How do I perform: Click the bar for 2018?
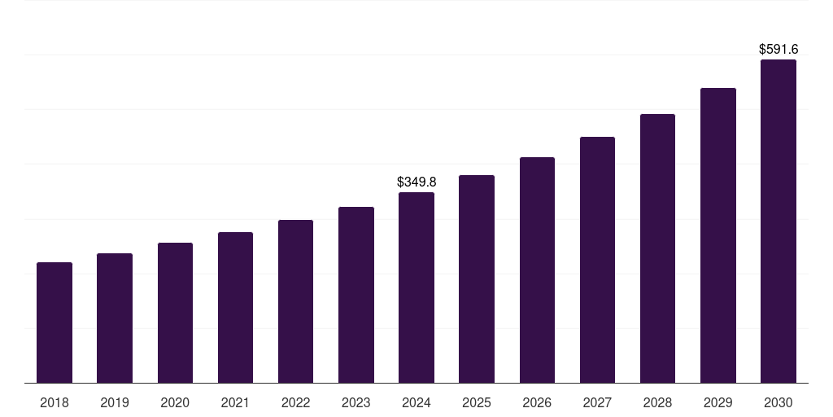click(55, 323)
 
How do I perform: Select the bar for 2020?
click(175, 313)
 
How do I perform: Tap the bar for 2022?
click(295, 301)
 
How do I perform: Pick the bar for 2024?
click(416, 288)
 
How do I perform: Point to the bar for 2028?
click(657, 248)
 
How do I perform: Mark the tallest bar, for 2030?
click(778, 221)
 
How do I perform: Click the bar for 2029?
click(718, 235)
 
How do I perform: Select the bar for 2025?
click(477, 279)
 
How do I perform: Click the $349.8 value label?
click(416, 182)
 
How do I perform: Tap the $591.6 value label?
click(778, 50)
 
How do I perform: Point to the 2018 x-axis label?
click(55, 402)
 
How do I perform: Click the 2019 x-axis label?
click(115, 402)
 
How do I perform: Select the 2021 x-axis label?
click(235, 402)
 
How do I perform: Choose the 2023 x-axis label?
click(356, 402)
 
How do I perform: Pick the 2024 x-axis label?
click(416, 402)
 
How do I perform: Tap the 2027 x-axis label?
click(597, 402)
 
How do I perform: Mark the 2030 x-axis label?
click(778, 402)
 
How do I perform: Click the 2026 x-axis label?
click(537, 402)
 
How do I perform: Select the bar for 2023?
click(356, 295)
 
